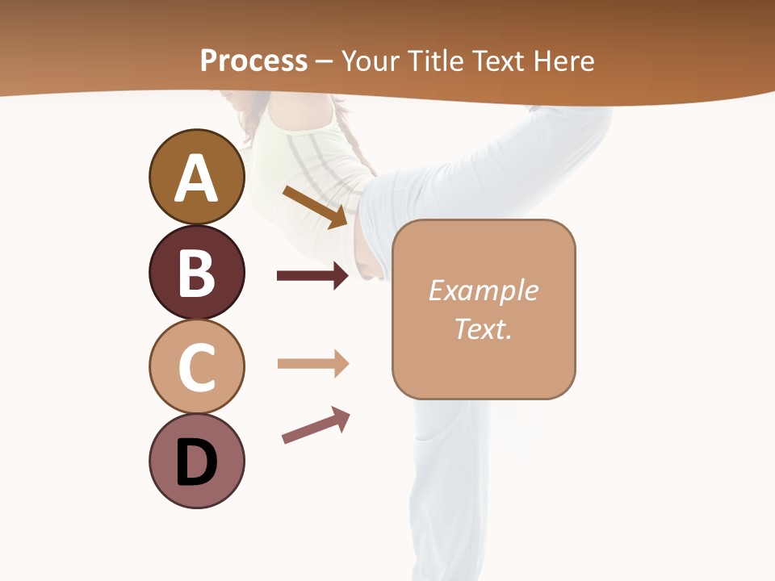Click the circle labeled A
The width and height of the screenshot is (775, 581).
196,177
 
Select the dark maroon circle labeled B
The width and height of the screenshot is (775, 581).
196,272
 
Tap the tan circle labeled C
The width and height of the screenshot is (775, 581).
196,366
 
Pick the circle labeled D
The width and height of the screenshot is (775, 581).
196,461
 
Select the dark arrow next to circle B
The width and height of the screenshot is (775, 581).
312,276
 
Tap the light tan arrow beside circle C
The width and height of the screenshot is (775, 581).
312,364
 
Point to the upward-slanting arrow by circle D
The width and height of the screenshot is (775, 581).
316,425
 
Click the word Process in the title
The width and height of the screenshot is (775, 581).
253,61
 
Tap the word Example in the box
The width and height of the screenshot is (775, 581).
483,290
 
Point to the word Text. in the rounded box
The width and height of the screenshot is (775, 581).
483,328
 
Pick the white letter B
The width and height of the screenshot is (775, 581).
196,274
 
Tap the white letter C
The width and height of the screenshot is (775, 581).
196,368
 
